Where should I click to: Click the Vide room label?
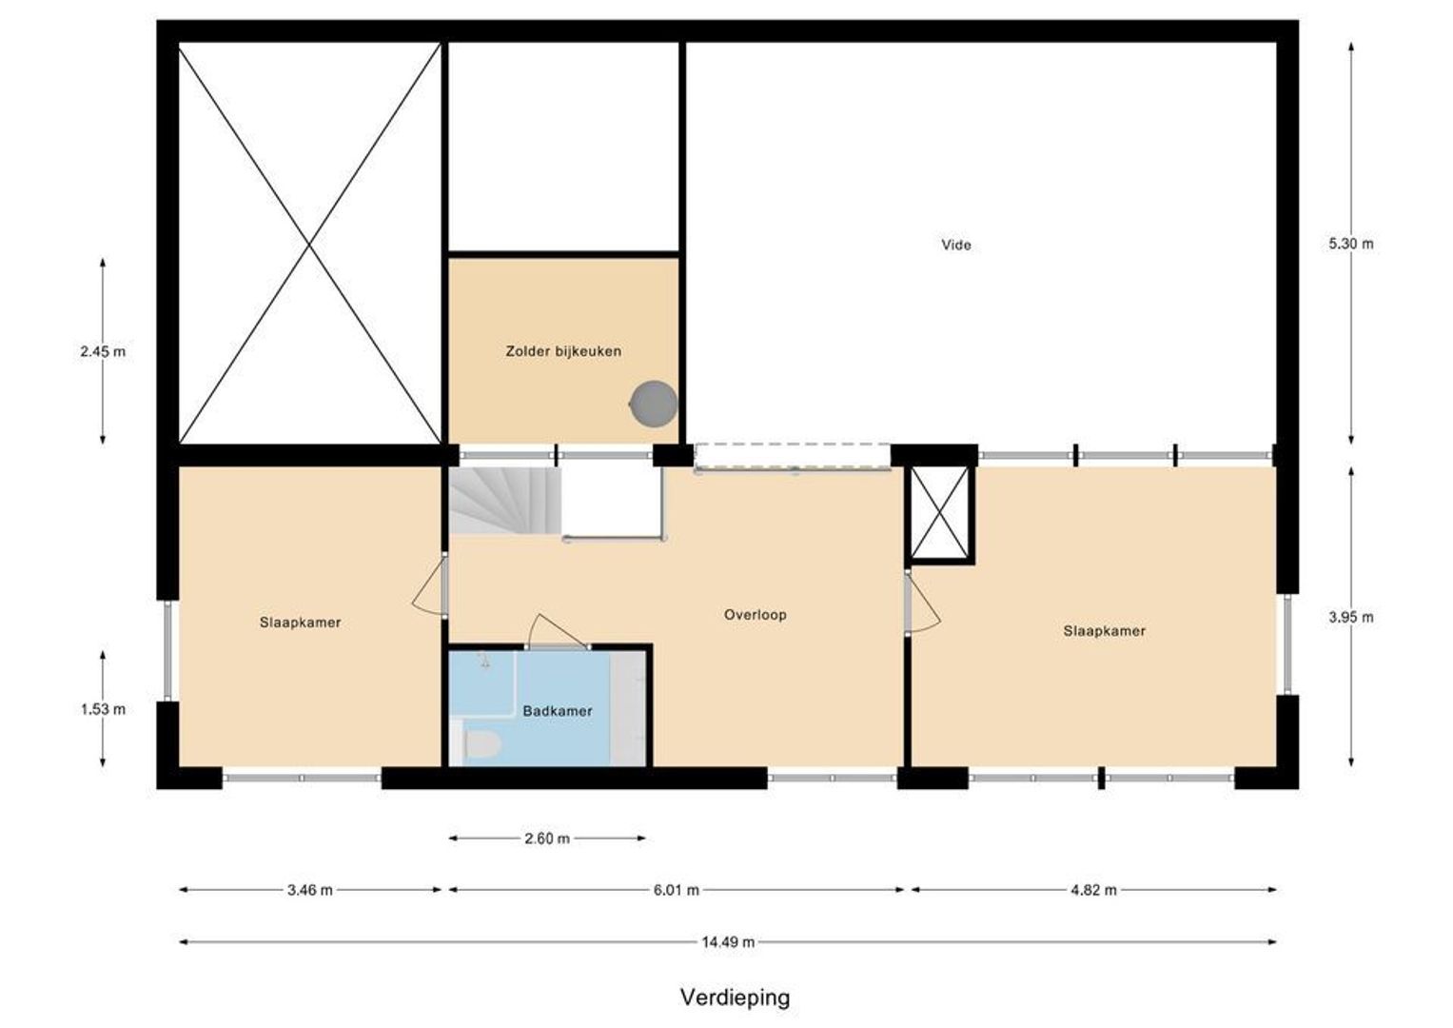point(955,245)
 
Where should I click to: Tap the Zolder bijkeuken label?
point(563,351)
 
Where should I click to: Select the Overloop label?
point(755,615)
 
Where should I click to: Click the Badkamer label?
point(557,711)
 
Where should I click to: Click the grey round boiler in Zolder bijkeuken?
point(654,403)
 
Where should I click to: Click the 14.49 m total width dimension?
point(728,942)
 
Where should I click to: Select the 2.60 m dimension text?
point(547,839)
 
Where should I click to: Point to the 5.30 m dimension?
point(1350,244)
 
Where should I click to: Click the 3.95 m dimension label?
point(1350,617)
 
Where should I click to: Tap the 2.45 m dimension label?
point(103,351)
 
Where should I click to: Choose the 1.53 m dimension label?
point(103,709)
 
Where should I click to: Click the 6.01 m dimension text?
point(676,890)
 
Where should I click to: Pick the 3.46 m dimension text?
point(309,890)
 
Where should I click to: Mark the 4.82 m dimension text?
point(1093,890)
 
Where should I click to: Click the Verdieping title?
point(735,998)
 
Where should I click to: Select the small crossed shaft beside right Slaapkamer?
point(940,513)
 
